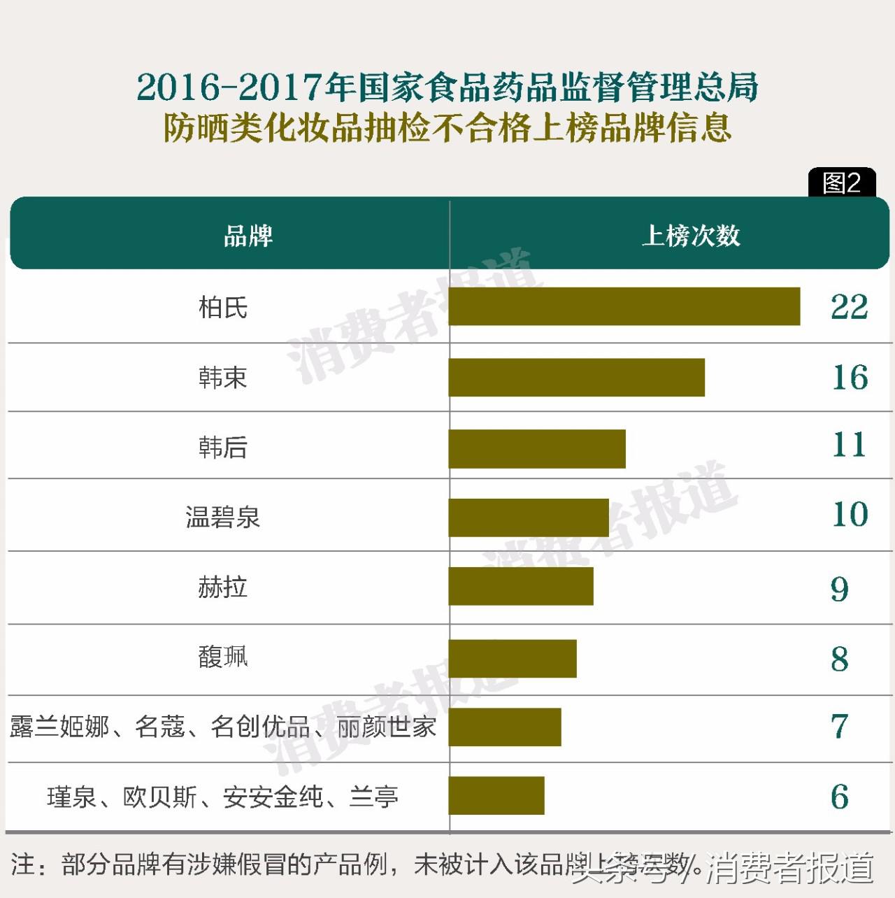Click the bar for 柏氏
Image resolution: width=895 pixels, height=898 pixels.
624,306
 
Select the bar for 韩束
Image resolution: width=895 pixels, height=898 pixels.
576,378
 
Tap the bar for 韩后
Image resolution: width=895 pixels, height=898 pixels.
536,449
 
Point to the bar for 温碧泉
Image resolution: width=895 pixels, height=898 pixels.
528,518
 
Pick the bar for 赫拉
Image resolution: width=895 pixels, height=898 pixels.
520,586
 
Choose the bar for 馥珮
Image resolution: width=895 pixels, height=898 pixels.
512,658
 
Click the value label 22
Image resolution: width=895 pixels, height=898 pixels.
849,306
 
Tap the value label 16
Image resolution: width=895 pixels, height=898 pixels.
850,378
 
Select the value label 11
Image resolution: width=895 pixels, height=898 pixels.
849,445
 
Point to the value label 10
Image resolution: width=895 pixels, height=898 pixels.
850,515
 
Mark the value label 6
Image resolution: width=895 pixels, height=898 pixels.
839,797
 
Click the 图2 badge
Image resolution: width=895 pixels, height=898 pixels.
841,183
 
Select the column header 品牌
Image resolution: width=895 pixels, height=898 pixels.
248,236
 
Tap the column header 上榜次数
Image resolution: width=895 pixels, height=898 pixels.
691,236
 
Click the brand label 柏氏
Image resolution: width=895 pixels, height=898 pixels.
223,307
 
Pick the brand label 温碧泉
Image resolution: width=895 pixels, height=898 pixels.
223,518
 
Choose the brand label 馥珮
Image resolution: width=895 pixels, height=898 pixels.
223,657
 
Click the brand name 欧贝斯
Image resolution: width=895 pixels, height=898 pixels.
160,797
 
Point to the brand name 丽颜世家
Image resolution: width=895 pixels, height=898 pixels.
386,727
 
